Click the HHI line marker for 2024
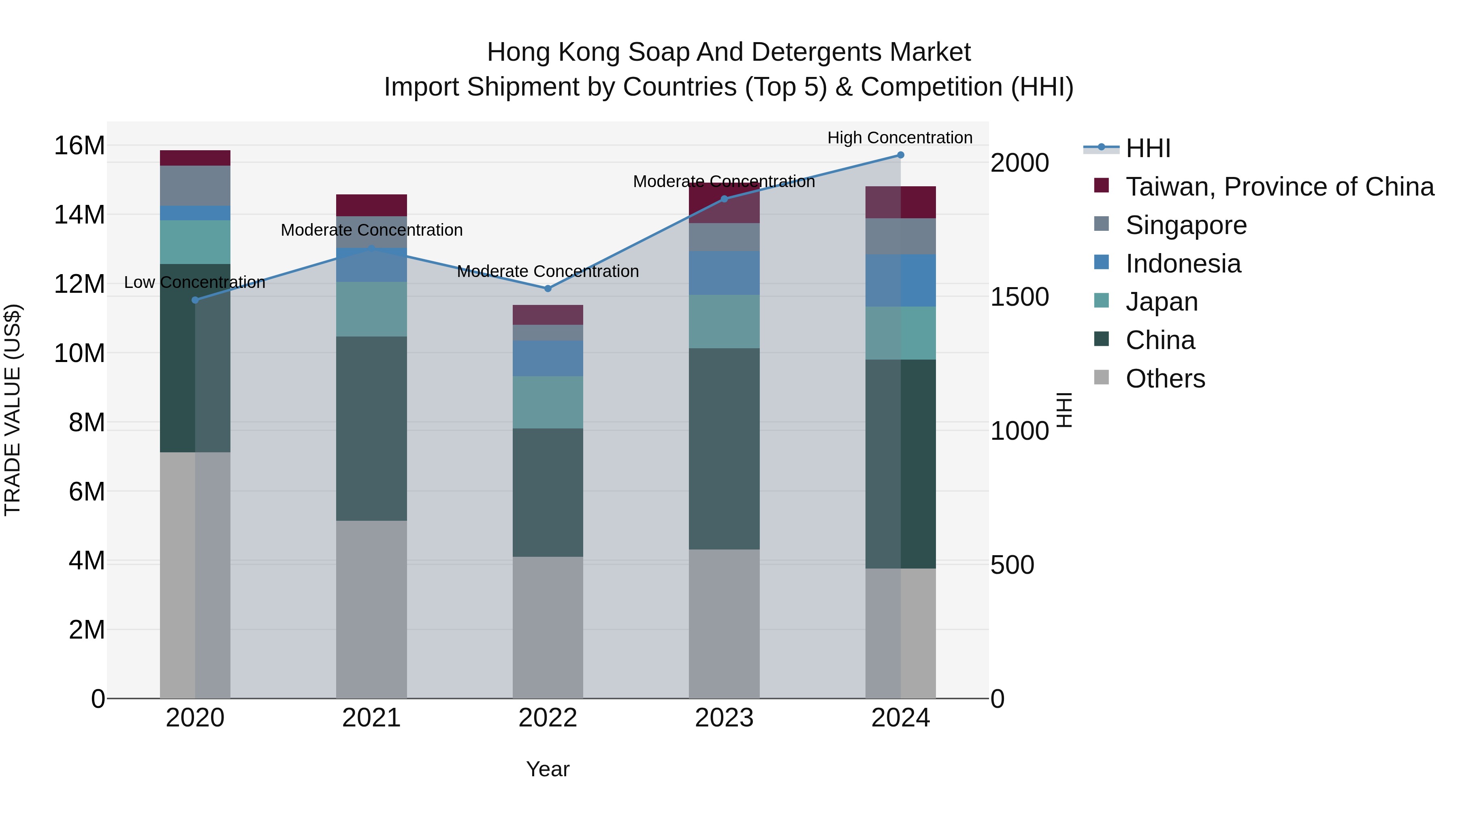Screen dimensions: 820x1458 point(900,155)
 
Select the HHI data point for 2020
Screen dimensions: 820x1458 point(195,300)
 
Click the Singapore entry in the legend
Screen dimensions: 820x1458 point(1186,225)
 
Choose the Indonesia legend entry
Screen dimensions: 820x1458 point(1183,264)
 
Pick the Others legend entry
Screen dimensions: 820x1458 point(1165,379)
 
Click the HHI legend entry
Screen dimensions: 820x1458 point(1148,148)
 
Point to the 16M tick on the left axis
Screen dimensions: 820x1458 point(79,146)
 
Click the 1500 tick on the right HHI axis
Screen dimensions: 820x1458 point(1019,297)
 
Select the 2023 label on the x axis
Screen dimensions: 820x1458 point(724,718)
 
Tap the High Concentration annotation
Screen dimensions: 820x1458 point(900,138)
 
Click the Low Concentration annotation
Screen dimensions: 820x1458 point(195,282)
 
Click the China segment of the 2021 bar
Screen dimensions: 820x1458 point(371,428)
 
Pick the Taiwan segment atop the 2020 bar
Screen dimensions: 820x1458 point(195,158)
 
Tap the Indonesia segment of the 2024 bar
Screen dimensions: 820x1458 point(900,281)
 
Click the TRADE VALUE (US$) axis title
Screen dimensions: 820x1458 point(13,410)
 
